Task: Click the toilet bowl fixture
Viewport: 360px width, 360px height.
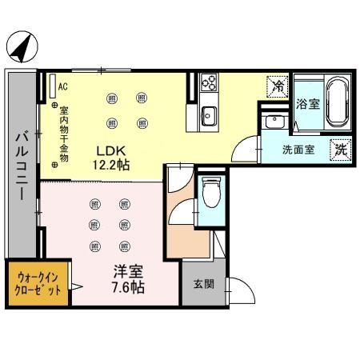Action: click(212, 191)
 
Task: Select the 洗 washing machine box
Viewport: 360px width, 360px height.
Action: click(341, 148)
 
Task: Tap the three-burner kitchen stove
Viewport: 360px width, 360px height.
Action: click(208, 82)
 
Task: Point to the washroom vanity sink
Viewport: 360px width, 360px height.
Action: click(274, 123)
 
